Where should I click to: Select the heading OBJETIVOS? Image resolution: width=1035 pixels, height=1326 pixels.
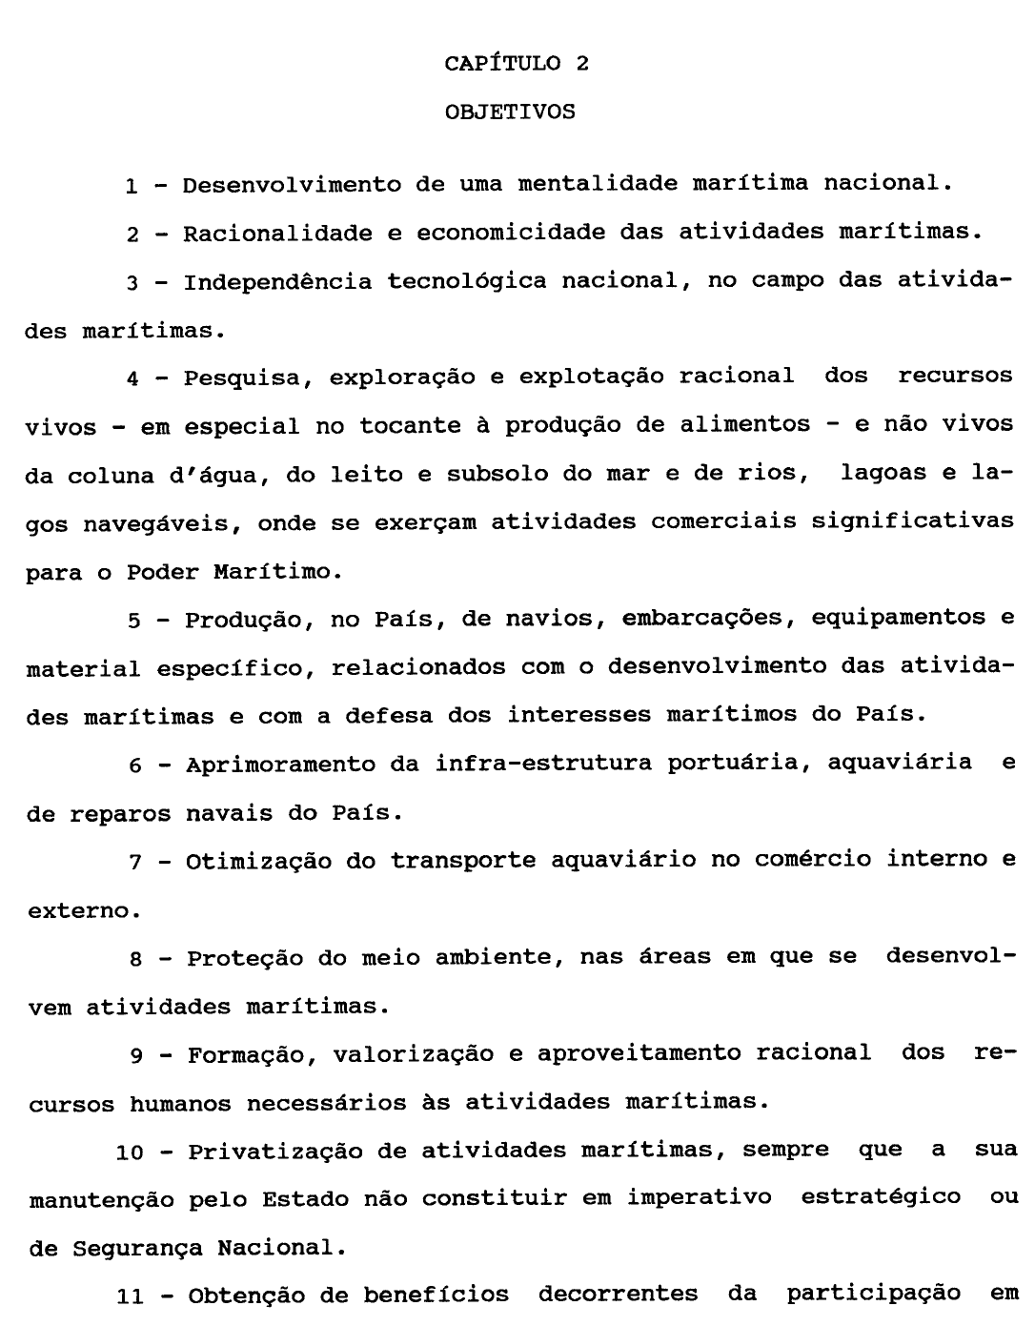click(x=510, y=112)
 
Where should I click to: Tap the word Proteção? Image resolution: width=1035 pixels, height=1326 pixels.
click(x=245, y=958)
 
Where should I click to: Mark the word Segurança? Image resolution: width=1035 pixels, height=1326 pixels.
click(x=140, y=1248)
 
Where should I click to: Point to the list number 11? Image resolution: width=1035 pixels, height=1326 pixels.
click(x=130, y=1296)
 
